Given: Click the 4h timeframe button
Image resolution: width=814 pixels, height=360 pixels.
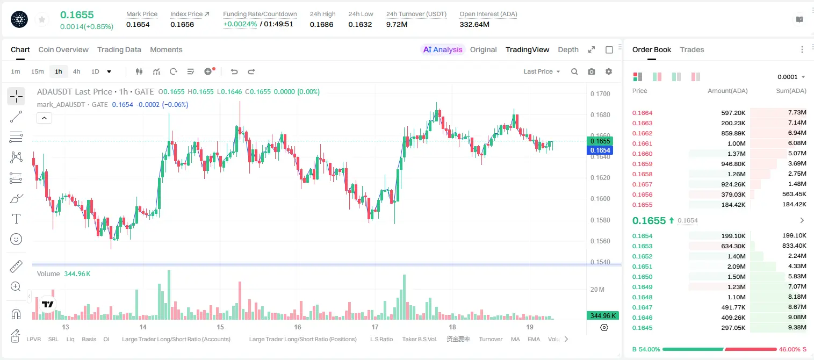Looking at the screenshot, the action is (x=76, y=71).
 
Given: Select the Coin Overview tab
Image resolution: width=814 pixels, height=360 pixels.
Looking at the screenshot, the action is (x=63, y=50).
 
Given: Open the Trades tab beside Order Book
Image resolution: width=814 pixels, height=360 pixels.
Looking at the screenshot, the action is (x=692, y=50).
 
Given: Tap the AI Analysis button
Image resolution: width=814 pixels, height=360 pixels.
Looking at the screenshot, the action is (x=443, y=50).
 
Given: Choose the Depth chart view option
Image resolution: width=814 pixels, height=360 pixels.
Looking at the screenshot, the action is (x=568, y=50).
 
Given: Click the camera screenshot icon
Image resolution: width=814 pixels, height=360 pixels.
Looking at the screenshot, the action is (x=592, y=71).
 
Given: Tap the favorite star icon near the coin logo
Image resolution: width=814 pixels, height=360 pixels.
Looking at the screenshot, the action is (x=42, y=20).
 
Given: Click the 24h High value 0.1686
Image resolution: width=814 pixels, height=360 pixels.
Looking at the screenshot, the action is (x=322, y=24).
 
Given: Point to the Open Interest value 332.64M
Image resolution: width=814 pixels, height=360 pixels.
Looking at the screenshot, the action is (x=474, y=24).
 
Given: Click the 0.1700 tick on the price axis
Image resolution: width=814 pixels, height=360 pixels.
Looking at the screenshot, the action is (x=600, y=93).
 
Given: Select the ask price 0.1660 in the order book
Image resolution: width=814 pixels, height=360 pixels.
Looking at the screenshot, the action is (x=642, y=154).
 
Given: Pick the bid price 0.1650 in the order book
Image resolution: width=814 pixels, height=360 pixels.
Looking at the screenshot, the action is (x=642, y=277).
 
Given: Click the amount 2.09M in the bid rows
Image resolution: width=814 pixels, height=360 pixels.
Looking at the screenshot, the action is (x=736, y=267).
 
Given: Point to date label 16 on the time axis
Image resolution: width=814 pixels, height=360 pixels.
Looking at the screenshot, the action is (x=298, y=327).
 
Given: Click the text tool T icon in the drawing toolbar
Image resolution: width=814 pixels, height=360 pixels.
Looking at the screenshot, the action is (x=16, y=219).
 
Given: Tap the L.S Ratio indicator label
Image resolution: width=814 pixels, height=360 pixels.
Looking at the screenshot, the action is (x=381, y=339).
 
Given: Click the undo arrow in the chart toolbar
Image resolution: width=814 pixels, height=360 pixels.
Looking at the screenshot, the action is (x=234, y=71).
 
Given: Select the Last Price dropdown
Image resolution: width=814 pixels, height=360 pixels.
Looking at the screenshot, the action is (x=542, y=71).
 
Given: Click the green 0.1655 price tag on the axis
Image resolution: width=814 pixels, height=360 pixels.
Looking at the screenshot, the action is (x=600, y=141).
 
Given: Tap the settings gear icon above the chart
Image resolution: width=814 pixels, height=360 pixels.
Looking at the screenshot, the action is (x=609, y=71).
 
